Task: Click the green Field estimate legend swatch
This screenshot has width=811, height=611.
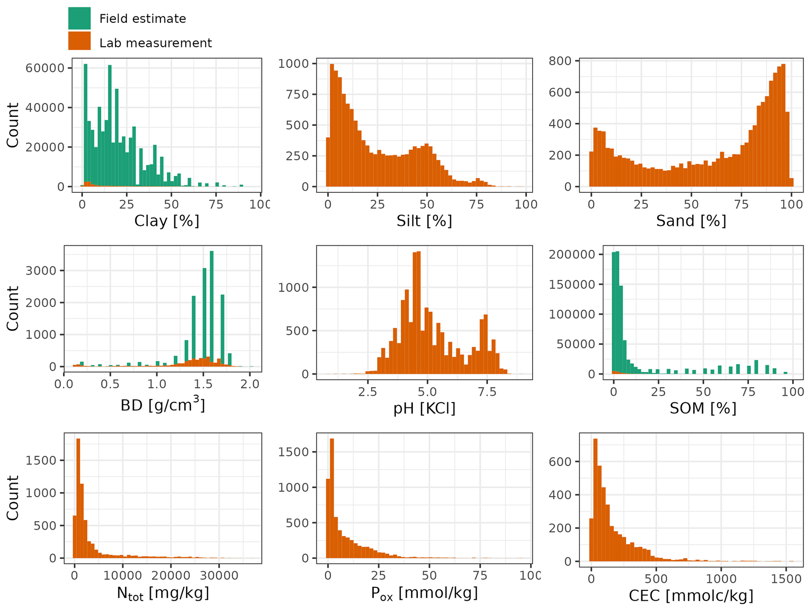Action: pyautogui.click(x=79, y=18)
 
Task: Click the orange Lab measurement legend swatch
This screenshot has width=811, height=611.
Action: pyautogui.click(x=79, y=41)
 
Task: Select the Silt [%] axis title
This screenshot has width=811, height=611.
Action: pyautogui.click(x=424, y=221)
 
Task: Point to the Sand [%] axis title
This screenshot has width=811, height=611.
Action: pyautogui.click(x=691, y=221)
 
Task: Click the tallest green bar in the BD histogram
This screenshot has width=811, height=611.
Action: pyautogui.click(x=211, y=306)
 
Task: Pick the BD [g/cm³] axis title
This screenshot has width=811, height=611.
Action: pyautogui.click(x=163, y=405)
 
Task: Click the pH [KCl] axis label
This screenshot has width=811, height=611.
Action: pyautogui.click(x=424, y=409)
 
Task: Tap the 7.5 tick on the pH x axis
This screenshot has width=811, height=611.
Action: pyautogui.click(x=487, y=392)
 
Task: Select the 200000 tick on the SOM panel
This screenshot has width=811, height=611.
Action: pyautogui.click(x=572, y=255)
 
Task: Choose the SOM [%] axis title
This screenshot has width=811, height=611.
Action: pyautogui.click(x=703, y=409)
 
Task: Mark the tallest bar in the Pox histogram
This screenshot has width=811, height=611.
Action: pyautogui.click(x=332, y=498)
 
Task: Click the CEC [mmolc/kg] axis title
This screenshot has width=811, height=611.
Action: pyautogui.click(x=691, y=596)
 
